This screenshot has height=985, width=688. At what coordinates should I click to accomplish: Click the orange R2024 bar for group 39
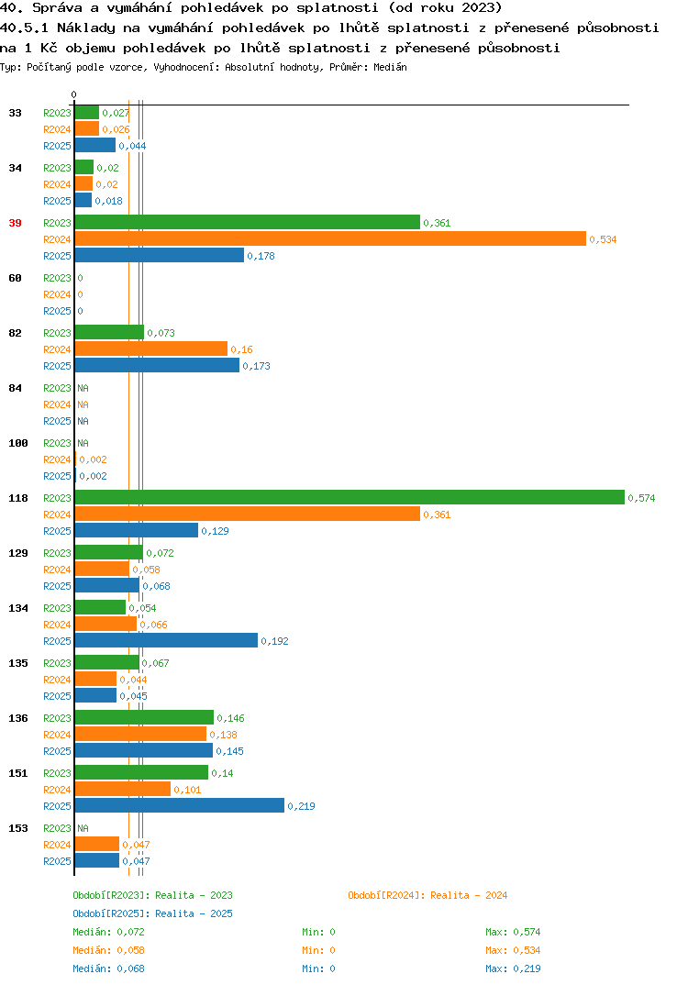click(x=330, y=238)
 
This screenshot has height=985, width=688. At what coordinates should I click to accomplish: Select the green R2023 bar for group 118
click(x=350, y=497)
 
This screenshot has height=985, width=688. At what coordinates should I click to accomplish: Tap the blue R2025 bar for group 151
click(x=180, y=805)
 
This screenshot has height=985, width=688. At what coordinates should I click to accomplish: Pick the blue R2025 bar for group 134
click(x=167, y=640)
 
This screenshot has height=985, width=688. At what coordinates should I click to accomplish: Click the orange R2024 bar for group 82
click(x=151, y=349)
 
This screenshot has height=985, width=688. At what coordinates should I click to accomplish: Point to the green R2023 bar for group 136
click(x=145, y=717)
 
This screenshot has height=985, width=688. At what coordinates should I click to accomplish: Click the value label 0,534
click(x=603, y=239)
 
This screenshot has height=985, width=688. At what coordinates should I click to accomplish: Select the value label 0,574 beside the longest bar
click(x=641, y=498)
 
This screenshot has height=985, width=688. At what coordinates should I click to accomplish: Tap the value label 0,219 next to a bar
click(x=301, y=806)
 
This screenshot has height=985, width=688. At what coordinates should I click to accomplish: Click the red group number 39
click(x=15, y=223)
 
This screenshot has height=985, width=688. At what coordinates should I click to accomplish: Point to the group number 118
click(x=18, y=498)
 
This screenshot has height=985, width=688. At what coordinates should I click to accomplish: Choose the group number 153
click(x=18, y=828)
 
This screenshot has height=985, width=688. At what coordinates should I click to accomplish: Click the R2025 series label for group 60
click(x=57, y=311)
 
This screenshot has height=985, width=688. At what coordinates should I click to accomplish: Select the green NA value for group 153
click(x=83, y=828)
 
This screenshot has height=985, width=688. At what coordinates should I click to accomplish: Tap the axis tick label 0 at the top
click(x=73, y=94)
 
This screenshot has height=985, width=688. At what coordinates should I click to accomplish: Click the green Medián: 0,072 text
click(x=108, y=932)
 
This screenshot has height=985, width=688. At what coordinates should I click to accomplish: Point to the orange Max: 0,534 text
click(x=513, y=950)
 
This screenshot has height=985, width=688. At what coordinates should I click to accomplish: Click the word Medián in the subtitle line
click(x=390, y=67)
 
